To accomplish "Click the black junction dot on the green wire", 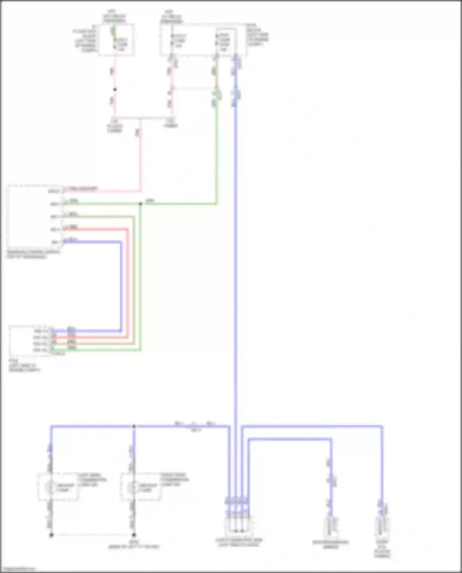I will tap(140, 204).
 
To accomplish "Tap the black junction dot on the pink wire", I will tap(115, 90).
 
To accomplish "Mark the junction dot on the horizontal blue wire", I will tap(134, 426).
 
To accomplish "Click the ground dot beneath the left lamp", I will tap(51, 535).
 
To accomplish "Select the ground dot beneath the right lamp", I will tap(134, 535).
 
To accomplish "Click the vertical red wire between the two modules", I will tap(127, 283).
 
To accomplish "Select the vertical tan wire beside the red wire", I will tap(134, 283).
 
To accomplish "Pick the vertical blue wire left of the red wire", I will tap(121, 283).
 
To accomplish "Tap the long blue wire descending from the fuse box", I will tap(236, 246).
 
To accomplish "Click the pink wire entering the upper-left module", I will tap(102, 191).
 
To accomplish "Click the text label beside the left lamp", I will tap(92, 480).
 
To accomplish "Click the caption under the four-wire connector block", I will tap(239, 543).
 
